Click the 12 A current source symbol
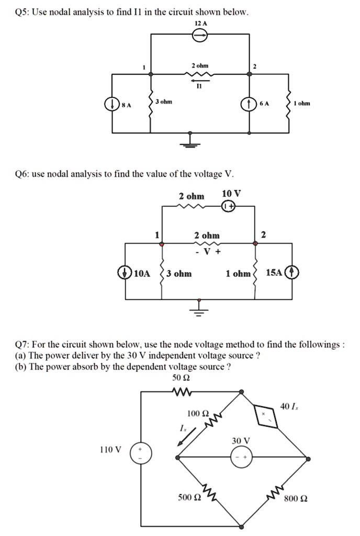pyautogui.click(x=200, y=35)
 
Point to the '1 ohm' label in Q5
pyautogui.click(x=301, y=103)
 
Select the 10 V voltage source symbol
pyautogui.click(x=229, y=207)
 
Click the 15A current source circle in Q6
pyautogui.click(x=291, y=273)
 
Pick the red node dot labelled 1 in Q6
pyautogui.click(x=162, y=244)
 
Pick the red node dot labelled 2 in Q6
pyautogui.click(x=255, y=244)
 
